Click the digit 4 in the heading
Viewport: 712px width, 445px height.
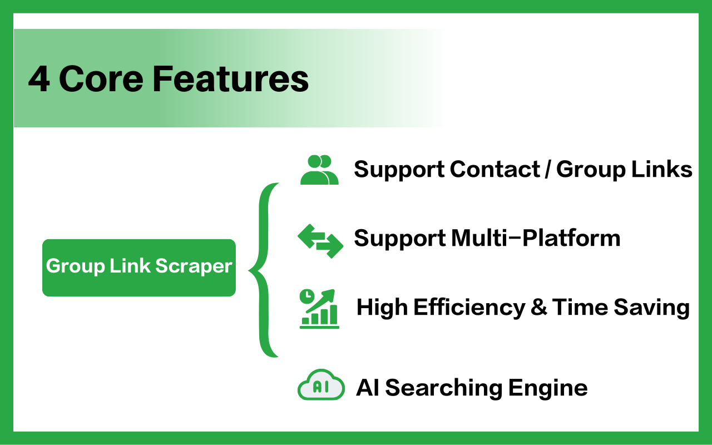point(39,79)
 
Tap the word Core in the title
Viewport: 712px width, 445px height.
point(101,79)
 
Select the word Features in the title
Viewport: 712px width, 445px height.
point(231,79)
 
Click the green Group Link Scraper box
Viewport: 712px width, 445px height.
point(139,268)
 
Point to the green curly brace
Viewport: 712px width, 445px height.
point(264,270)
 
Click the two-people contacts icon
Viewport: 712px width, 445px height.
point(319,170)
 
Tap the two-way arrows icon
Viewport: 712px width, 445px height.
point(320,241)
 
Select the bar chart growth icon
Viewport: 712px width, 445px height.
point(319,309)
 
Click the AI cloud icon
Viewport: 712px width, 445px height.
point(321,384)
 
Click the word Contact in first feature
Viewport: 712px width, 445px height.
point(495,169)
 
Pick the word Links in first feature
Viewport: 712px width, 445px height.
point(662,169)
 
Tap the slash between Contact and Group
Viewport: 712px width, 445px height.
point(548,169)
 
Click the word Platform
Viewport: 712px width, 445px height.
point(571,238)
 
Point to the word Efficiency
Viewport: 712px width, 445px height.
point(469,308)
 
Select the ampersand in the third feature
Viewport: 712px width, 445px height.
point(539,307)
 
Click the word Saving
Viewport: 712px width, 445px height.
point(651,308)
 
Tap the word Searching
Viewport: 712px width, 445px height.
point(444,388)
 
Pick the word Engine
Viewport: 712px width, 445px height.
point(548,388)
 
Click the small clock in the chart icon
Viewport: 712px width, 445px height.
point(307,296)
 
